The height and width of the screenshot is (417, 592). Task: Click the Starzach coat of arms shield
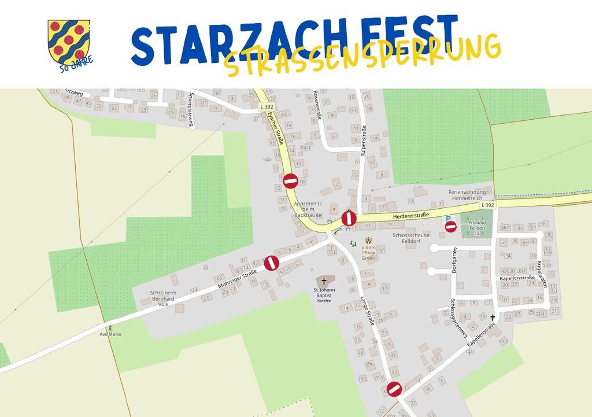(68, 41)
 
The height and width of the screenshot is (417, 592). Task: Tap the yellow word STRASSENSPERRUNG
(362, 54)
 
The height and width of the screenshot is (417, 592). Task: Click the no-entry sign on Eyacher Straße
(290, 181)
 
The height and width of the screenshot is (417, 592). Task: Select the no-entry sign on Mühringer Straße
(272, 263)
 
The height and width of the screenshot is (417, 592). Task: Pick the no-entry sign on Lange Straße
(394, 389)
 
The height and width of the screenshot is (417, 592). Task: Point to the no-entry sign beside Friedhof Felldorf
(450, 226)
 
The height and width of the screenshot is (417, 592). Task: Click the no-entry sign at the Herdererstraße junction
(349, 218)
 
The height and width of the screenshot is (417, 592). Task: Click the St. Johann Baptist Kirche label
(324, 296)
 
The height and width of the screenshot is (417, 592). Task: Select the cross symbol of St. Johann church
(324, 281)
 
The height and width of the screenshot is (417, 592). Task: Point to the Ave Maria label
(110, 334)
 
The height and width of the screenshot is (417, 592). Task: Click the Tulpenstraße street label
(364, 141)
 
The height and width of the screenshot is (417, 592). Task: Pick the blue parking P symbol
(447, 219)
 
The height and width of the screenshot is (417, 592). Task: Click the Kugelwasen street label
(541, 274)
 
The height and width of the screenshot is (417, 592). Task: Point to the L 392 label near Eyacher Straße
(267, 107)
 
